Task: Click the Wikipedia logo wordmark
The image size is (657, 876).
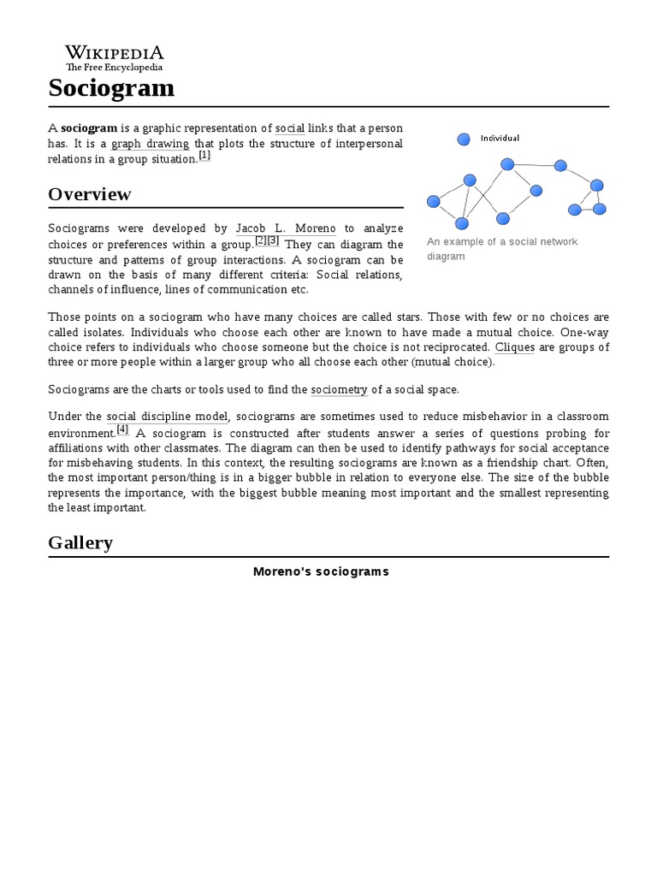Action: pos(115,52)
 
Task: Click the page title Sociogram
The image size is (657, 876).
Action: pos(111,87)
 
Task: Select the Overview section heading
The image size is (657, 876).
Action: pos(90,194)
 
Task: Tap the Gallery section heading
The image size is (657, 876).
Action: pos(80,542)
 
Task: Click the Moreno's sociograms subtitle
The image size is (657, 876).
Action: pos(321,571)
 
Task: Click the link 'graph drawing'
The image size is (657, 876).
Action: pos(151,144)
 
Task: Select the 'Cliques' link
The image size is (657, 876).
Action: pos(515,347)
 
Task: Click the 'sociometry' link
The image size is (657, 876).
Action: pos(339,389)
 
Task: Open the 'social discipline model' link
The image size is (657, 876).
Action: pos(168,417)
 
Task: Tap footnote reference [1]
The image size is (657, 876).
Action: pos(204,156)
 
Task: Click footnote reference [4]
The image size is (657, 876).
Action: pos(122,429)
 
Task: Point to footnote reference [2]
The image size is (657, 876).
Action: pos(261,241)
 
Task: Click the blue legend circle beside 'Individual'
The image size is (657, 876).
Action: pos(464,138)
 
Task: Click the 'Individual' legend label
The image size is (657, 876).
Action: pos(500,138)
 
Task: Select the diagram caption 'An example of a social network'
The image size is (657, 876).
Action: pos(502,242)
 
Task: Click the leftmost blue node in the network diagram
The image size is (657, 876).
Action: pos(433,202)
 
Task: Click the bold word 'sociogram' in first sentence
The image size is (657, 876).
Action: pos(89,128)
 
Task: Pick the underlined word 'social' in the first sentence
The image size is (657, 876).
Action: pos(290,128)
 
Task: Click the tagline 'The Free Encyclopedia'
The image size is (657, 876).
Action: pos(115,67)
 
